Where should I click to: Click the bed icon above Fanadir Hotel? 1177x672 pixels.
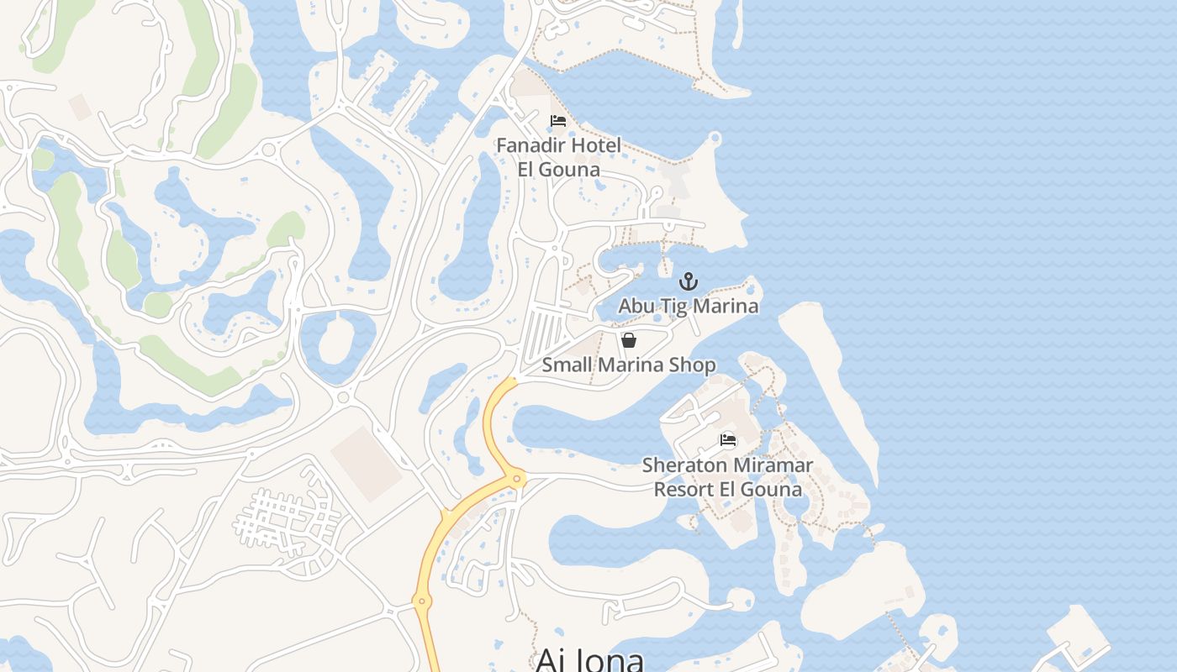[558, 121]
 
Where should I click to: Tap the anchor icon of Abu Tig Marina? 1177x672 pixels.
[689, 281]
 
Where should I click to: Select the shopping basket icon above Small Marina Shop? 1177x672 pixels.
[629, 340]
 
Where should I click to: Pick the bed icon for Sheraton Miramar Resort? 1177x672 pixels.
[728, 440]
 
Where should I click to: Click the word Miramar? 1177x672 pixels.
[773, 465]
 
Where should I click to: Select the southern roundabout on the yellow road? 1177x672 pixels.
[422, 601]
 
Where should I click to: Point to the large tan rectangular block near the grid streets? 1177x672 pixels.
[367, 463]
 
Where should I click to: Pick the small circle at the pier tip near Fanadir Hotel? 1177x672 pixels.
[715, 138]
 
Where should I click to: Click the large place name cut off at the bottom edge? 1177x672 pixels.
[589, 659]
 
